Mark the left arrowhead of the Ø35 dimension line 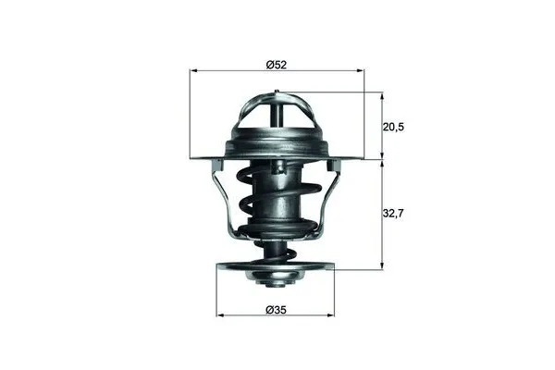[x=220, y=314]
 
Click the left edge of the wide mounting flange [x=195, y=157]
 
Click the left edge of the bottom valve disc [x=219, y=271]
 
